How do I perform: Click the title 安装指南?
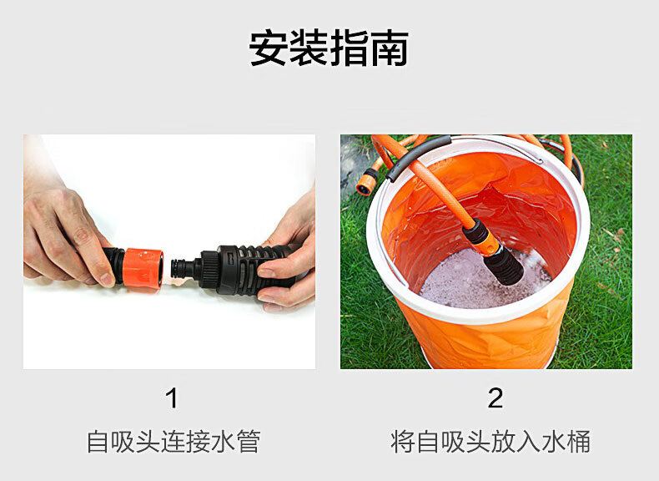(x=329, y=48)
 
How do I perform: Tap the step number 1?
(x=172, y=398)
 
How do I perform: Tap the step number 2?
(x=496, y=398)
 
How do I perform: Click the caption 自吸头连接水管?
(x=174, y=441)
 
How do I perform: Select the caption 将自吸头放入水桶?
(x=490, y=441)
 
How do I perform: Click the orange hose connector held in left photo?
(x=143, y=268)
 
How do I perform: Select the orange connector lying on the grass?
(x=365, y=185)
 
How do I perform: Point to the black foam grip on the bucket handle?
(x=416, y=154)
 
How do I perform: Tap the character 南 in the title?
(x=390, y=48)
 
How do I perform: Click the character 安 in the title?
(x=268, y=48)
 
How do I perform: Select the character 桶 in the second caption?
(x=578, y=441)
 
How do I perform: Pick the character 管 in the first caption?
(x=249, y=441)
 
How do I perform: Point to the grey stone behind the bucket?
(x=353, y=165)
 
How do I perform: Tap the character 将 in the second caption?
(x=403, y=441)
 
